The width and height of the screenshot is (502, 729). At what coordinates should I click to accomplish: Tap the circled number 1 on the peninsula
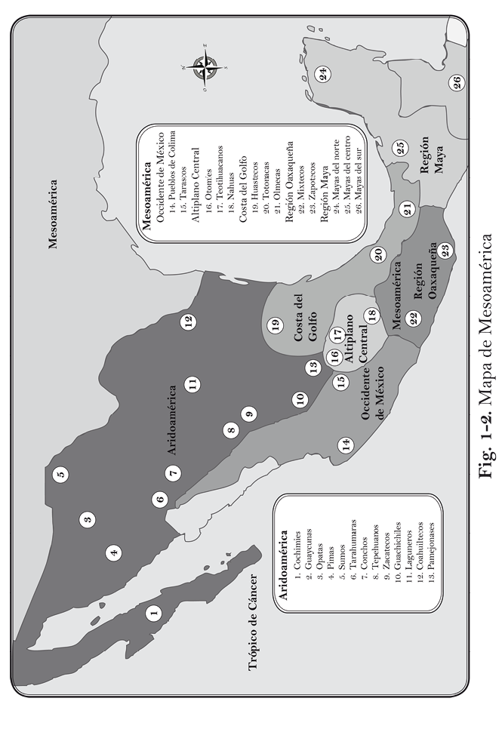click(x=154, y=614)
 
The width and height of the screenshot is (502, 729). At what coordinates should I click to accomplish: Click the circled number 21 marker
click(x=408, y=210)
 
